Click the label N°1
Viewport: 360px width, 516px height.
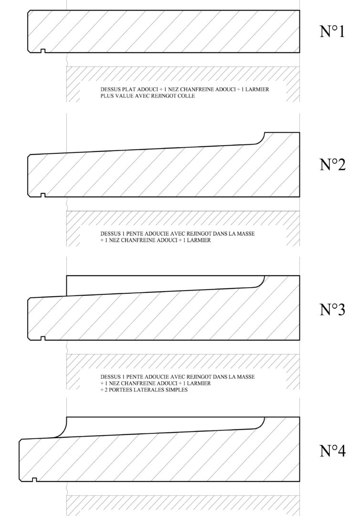coord(332,31)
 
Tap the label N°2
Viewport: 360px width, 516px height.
coord(332,164)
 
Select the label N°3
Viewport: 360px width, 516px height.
coord(332,309)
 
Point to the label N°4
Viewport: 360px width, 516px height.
coord(332,451)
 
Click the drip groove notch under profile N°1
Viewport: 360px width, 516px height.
coord(43,51)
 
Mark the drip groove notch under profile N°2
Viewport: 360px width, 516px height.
coord(43,195)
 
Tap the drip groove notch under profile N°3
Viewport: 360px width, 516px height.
coord(43,338)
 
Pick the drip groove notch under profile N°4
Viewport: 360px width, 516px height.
coord(34,480)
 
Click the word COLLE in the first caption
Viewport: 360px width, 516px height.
coord(187,96)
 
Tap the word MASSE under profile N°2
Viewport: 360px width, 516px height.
coord(246,234)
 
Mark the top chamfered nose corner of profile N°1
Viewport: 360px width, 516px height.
coord(29,12)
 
